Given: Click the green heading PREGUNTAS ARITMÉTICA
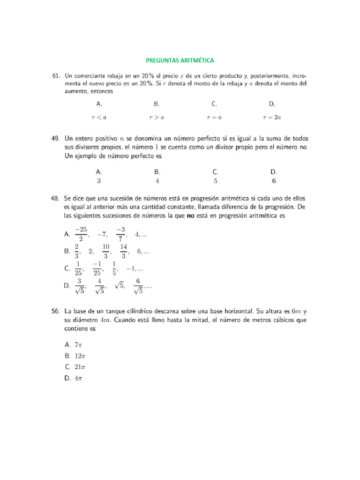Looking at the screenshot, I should pyautogui.click(x=180, y=60).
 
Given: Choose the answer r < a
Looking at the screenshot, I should pyautogui.click(x=99, y=118).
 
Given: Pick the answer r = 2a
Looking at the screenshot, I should pyautogui.click(x=272, y=118).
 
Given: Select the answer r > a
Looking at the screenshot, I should pyautogui.click(x=157, y=118).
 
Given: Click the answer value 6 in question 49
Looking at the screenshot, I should pyautogui.click(x=274, y=180).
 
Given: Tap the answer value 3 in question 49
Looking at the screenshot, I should pyautogui.click(x=99, y=180).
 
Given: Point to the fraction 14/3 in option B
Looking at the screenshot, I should pyautogui.click(x=123, y=251).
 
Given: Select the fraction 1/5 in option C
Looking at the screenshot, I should pyautogui.click(x=114, y=269).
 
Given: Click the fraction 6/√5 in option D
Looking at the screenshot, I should pyautogui.click(x=138, y=286).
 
